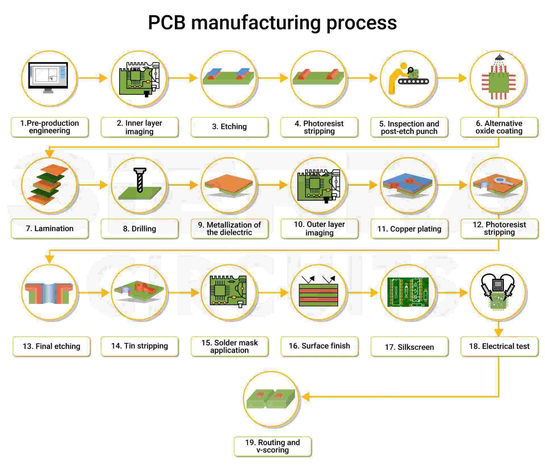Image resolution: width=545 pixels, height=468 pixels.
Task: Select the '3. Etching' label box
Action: click(229, 127)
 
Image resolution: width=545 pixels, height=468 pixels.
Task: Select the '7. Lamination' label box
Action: click(50, 229)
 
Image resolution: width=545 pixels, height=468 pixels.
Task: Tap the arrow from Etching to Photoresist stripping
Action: click(272, 78)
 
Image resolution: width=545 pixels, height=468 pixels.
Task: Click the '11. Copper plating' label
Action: click(409, 229)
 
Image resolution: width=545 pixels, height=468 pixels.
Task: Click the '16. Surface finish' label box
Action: click(319, 346)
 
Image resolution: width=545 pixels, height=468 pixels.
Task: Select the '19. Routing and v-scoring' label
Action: click(272, 446)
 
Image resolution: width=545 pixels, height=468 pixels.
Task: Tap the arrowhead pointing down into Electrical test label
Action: click(499, 332)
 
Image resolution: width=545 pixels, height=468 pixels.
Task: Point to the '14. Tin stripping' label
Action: click(140, 346)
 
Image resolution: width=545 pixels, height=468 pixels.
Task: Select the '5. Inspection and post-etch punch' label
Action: click(409, 127)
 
